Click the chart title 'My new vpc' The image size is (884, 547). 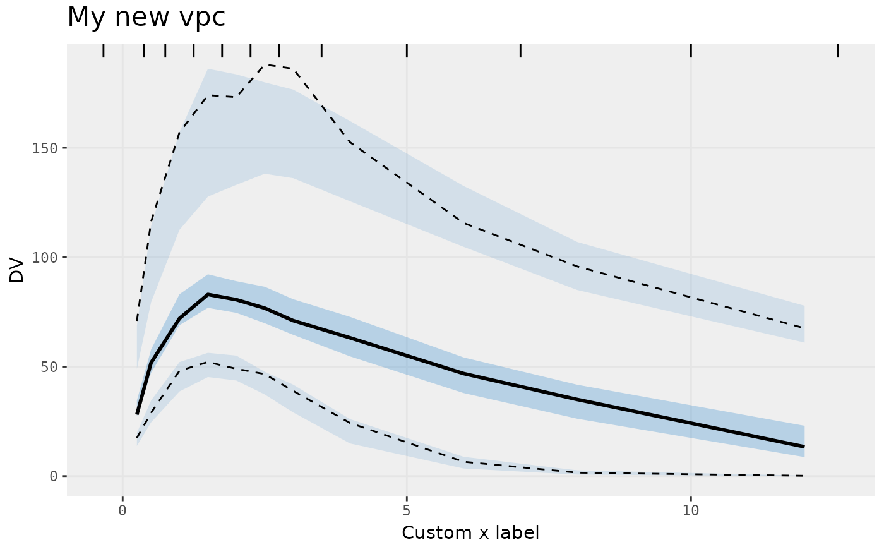coord(146,17)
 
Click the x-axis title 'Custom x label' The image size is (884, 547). coord(470,532)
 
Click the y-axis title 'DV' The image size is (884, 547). coord(17,270)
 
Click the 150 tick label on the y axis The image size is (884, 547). coord(47,148)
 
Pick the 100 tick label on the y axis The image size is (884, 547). coord(47,258)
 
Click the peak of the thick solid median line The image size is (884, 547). coord(208,294)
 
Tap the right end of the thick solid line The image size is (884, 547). coord(803,447)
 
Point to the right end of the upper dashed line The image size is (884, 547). coord(803,328)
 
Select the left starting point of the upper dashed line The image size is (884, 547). coord(137,321)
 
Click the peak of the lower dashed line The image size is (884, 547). coord(208,363)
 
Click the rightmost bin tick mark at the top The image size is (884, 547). coord(838,51)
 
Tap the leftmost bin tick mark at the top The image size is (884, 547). coord(104,51)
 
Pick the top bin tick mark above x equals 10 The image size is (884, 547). coord(691,51)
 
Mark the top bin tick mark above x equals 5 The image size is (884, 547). coord(407,51)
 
